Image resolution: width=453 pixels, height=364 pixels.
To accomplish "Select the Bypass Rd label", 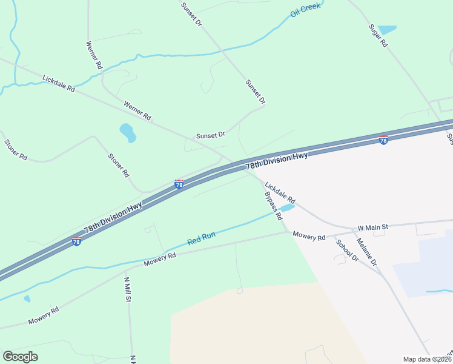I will coord(273,206).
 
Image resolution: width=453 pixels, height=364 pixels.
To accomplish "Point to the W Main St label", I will coord(372,227).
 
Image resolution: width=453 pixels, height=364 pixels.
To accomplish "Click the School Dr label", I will coord(347,250).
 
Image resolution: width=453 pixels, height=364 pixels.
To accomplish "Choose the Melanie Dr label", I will coord(366,251).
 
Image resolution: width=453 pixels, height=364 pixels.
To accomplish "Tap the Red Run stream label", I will coord(201,238).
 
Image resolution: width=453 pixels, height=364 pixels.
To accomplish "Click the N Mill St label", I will coord(128,289).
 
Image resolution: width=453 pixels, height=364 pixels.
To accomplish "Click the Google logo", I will coord(20,357).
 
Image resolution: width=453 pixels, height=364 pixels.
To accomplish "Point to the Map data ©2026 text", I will coord(426,359).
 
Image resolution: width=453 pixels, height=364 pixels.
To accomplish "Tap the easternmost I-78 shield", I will coord(383,140).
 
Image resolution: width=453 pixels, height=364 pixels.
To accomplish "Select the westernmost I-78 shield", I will coord(76,241).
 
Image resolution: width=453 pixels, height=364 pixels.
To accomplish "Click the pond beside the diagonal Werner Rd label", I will coord(128,132).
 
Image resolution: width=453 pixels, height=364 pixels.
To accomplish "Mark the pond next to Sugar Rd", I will coord(387,30).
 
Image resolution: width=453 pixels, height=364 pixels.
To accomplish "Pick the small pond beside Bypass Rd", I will coord(287,208).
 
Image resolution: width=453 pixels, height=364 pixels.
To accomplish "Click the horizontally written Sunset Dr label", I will coord(210,135).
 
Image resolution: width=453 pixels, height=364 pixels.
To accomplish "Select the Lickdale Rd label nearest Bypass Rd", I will coord(280,192).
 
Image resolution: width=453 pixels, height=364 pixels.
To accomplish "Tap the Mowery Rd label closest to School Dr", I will coord(309,235).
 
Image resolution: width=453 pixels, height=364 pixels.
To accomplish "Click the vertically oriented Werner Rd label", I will coord(94,54).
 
